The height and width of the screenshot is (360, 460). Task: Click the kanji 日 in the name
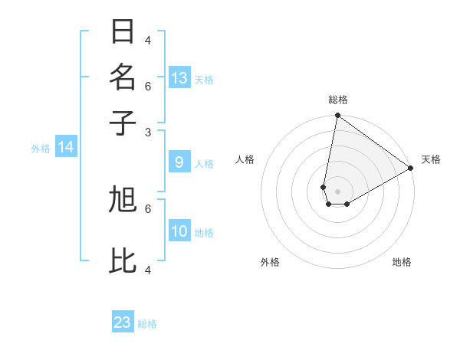(123, 32)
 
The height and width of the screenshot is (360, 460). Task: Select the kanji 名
(123, 77)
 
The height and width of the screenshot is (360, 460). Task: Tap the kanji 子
(123, 122)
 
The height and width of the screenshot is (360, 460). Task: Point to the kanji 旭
(123, 200)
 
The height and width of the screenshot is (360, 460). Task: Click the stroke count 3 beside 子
(148, 132)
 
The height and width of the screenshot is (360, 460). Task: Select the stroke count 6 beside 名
(148, 86)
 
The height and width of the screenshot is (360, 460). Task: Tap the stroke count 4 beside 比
(148, 270)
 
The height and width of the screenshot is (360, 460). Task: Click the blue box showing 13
(179, 77)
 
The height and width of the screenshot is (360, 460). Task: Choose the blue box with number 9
(179, 162)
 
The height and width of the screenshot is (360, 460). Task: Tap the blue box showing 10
(179, 231)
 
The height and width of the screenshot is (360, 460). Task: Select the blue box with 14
(66, 147)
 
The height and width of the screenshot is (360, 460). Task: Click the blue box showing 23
(123, 322)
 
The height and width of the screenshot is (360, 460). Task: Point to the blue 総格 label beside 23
(148, 324)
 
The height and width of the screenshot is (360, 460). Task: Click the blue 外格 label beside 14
(41, 149)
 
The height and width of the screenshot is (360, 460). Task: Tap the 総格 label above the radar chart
(338, 100)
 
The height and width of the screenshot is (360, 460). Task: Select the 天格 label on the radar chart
(431, 159)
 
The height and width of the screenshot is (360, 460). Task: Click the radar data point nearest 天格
(411, 169)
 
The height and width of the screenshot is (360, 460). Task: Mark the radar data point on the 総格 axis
(337, 116)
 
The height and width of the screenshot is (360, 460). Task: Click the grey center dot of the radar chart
(337, 191)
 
